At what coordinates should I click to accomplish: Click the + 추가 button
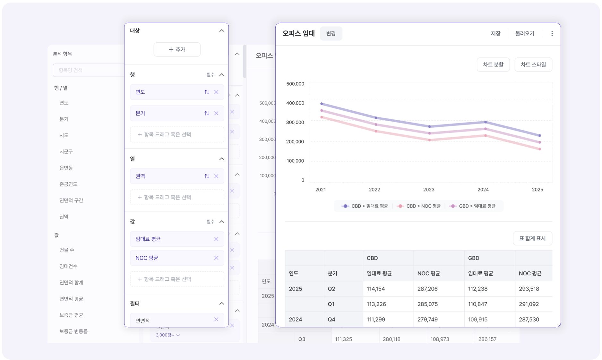pyautogui.click(x=177, y=49)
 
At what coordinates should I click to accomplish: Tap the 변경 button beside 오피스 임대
pyautogui.click(x=331, y=33)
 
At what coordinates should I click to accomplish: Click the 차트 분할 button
pyautogui.click(x=493, y=64)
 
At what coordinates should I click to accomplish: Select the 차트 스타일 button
pyautogui.click(x=533, y=64)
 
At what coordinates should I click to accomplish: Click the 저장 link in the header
pyautogui.click(x=495, y=33)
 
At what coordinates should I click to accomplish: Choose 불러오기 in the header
pyautogui.click(x=525, y=33)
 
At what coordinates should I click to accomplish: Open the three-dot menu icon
pyautogui.click(x=552, y=33)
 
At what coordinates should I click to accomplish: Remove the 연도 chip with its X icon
pyautogui.click(x=216, y=92)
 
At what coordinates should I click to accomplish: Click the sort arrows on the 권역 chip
pyautogui.click(x=207, y=176)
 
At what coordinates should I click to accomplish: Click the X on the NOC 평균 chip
pyautogui.click(x=216, y=258)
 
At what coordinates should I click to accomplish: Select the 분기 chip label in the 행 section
pyautogui.click(x=140, y=113)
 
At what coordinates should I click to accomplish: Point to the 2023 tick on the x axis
pyautogui.click(x=429, y=190)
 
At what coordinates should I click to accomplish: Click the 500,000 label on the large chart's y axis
pyautogui.click(x=295, y=84)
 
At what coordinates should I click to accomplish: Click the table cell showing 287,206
pyautogui.click(x=427, y=289)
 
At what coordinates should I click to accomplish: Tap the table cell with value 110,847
pyautogui.click(x=477, y=304)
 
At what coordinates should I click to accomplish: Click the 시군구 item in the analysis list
pyautogui.click(x=66, y=151)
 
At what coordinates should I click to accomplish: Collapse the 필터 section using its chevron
pyautogui.click(x=222, y=304)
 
